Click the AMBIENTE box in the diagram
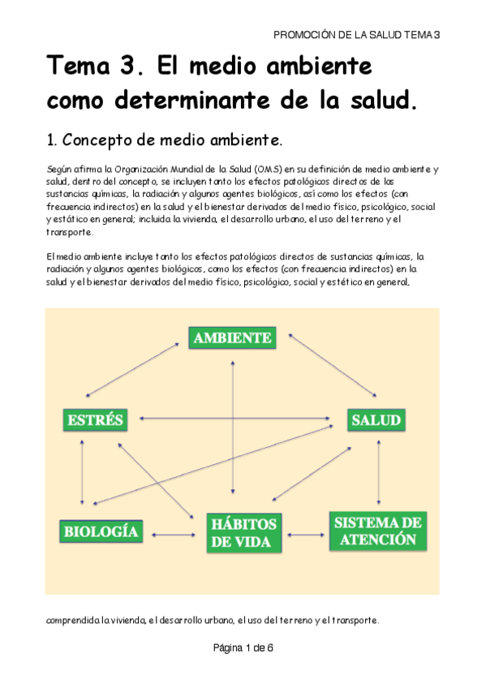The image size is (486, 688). pyautogui.click(x=232, y=338)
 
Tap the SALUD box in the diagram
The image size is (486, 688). pyautogui.click(x=376, y=419)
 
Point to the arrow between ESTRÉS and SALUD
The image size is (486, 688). pyautogui.click(x=235, y=419)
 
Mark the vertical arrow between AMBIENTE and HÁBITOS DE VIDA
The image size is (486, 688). pyautogui.click(x=234, y=430)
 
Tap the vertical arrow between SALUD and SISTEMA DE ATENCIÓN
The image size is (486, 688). pyautogui.click(x=378, y=471)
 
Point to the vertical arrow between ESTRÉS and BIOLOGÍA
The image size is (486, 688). pyautogui.click(x=81, y=474)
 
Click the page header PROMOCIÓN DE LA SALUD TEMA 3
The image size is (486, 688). pyautogui.click(x=356, y=34)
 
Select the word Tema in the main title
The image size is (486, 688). pyautogui.click(x=80, y=64)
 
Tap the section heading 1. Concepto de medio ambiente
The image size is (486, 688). pyautogui.click(x=166, y=140)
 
